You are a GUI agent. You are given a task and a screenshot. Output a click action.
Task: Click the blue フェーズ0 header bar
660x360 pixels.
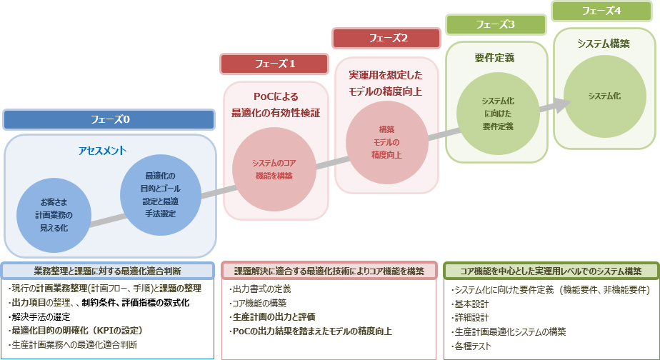click(x=109, y=119)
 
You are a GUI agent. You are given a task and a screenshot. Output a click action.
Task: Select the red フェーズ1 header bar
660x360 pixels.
click(x=275, y=64)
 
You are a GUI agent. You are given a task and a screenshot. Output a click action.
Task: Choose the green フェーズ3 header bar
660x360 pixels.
click(x=497, y=24)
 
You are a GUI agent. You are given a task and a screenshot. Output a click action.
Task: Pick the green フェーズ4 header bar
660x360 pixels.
click(x=606, y=11)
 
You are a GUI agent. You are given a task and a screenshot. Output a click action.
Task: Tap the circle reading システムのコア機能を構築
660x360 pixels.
click(x=274, y=169)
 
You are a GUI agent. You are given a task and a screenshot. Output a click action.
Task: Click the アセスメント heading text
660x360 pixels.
click(x=102, y=151)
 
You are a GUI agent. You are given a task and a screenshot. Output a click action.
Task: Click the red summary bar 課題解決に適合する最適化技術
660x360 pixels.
click(x=329, y=271)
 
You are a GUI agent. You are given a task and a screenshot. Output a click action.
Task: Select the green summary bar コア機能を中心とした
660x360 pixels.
click(x=550, y=271)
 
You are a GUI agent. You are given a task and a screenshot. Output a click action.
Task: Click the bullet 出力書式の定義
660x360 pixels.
click(x=261, y=289)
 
